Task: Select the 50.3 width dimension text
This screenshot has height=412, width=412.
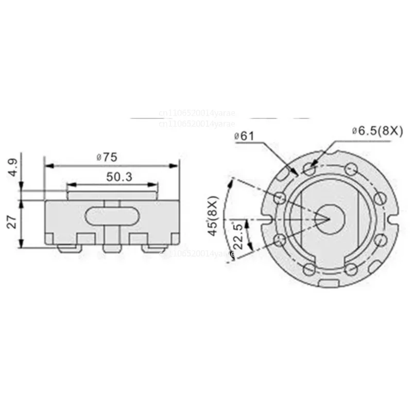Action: [x=119, y=177]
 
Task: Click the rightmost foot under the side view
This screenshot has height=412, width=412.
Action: [x=153, y=249]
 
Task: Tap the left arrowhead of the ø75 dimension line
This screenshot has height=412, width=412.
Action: [x=48, y=166]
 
